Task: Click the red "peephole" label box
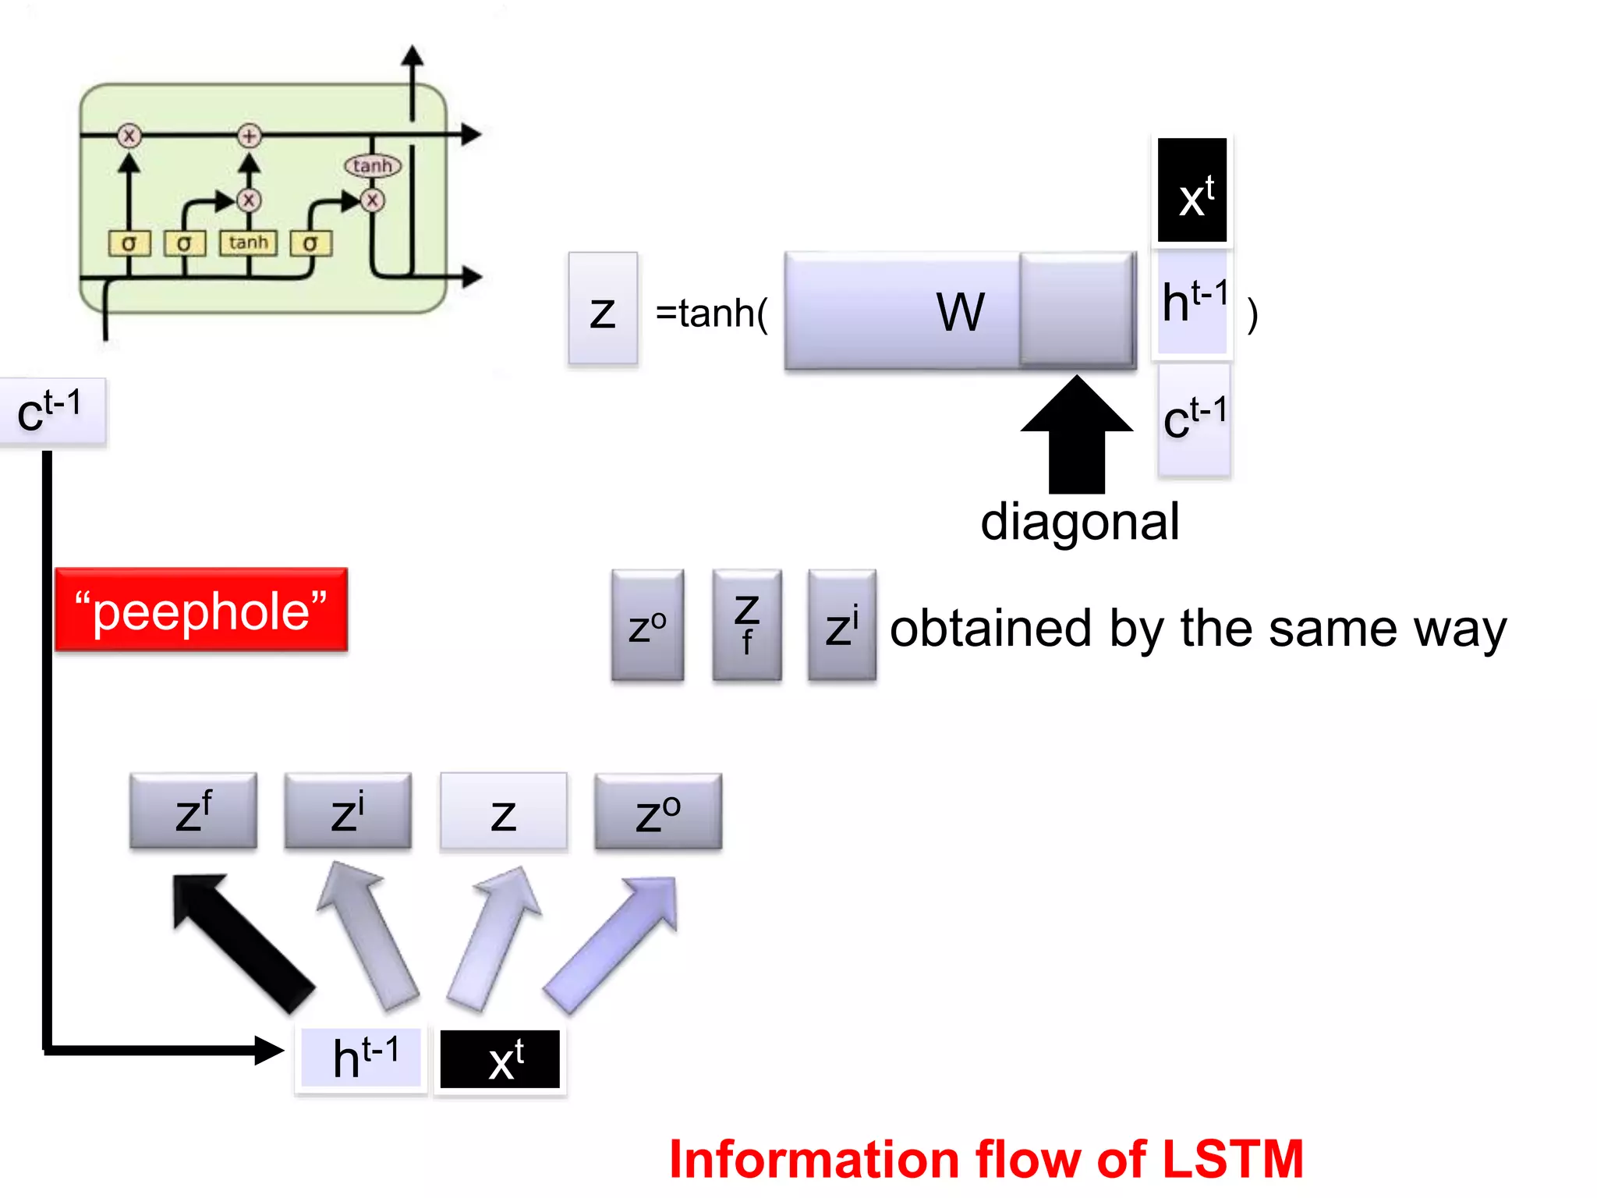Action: (x=201, y=610)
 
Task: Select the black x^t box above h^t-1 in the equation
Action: (x=1192, y=190)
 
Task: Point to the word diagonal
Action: (x=1079, y=522)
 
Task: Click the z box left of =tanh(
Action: (x=603, y=309)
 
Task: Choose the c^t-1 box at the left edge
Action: (x=51, y=412)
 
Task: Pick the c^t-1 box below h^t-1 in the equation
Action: (x=1194, y=420)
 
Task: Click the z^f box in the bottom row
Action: (x=193, y=811)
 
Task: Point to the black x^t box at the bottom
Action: (x=501, y=1059)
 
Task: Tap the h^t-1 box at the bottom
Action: (x=362, y=1058)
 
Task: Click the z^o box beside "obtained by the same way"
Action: (x=647, y=625)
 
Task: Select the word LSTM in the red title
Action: (x=1232, y=1159)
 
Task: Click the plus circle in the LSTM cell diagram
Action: (x=249, y=136)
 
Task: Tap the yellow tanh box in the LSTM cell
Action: (x=249, y=243)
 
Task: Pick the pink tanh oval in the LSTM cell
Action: (x=373, y=165)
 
